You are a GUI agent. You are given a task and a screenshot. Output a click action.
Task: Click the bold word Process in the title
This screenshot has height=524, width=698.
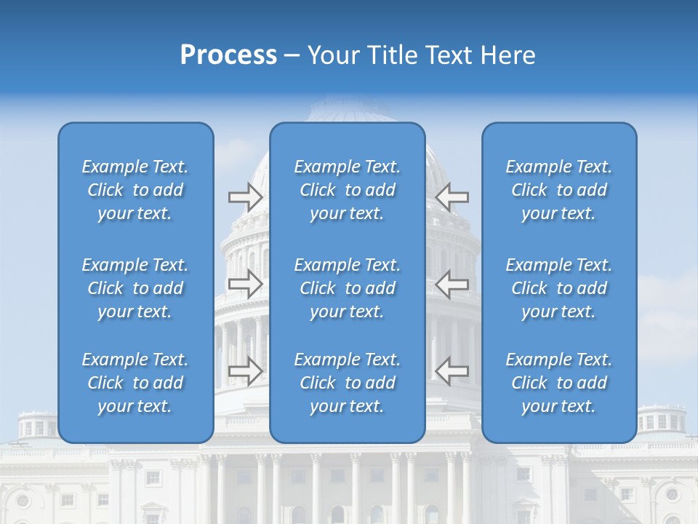point(228,55)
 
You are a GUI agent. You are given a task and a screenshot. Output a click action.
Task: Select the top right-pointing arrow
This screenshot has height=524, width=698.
point(245,196)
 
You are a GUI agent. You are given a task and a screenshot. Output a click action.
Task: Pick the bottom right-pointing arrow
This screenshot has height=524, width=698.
point(245,370)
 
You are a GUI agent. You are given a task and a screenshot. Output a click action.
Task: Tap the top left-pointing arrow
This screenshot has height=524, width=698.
point(452,196)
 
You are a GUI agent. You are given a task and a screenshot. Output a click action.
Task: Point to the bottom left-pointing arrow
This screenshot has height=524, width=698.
point(452,370)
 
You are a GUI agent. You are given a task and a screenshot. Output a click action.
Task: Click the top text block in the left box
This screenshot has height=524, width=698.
point(135,190)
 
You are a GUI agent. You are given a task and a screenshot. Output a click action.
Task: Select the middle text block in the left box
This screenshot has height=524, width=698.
point(135,288)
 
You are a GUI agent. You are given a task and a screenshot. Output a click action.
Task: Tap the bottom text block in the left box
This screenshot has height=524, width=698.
point(135,383)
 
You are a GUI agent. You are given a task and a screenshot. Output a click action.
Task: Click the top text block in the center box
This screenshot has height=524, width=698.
point(347,190)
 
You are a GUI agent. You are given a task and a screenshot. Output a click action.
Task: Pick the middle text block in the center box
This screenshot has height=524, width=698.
point(347,288)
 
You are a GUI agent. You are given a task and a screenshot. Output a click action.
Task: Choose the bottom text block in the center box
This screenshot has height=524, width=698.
point(347,383)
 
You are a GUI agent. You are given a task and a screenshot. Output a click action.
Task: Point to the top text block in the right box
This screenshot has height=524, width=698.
point(558,190)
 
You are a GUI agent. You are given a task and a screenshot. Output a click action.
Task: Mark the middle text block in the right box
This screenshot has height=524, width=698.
point(558,288)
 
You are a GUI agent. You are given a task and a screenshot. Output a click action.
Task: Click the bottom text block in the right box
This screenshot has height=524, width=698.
point(558,383)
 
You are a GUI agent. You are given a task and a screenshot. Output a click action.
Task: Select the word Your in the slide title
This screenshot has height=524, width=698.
point(331,55)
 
